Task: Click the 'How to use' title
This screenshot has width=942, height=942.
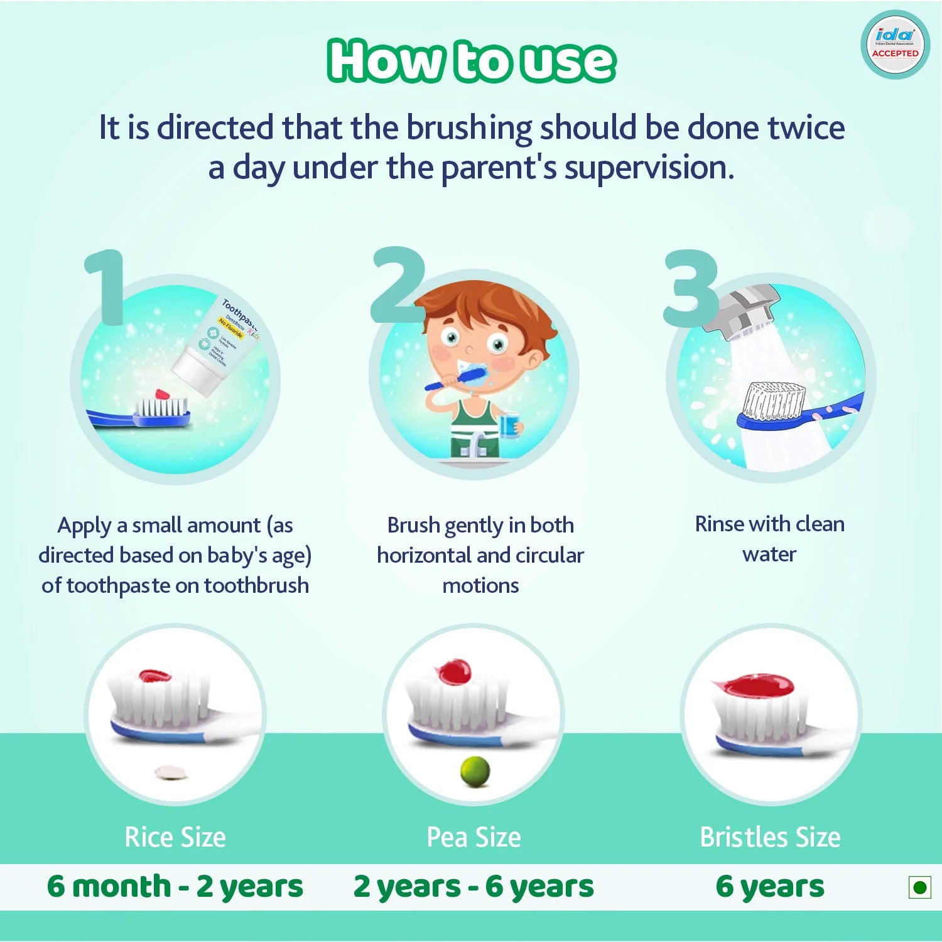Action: pos(471,61)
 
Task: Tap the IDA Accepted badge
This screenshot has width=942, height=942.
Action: pos(895,45)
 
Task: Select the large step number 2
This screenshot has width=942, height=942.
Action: pos(398,286)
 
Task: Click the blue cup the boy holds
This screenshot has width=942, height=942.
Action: pos(509,425)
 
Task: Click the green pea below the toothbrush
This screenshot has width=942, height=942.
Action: pos(475,771)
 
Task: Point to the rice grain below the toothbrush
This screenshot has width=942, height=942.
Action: pos(171,772)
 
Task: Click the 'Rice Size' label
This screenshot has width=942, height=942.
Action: pos(175,837)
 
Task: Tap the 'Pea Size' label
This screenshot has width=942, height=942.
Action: pos(474,837)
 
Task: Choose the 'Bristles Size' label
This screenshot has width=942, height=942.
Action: pos(770,837)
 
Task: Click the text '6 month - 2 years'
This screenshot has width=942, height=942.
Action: pos(175,886)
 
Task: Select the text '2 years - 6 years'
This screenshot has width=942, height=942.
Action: pos(474,886)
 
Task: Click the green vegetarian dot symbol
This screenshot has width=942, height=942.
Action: pos(920,887)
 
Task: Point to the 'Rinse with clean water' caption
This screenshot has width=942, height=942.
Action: pos(769,539)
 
